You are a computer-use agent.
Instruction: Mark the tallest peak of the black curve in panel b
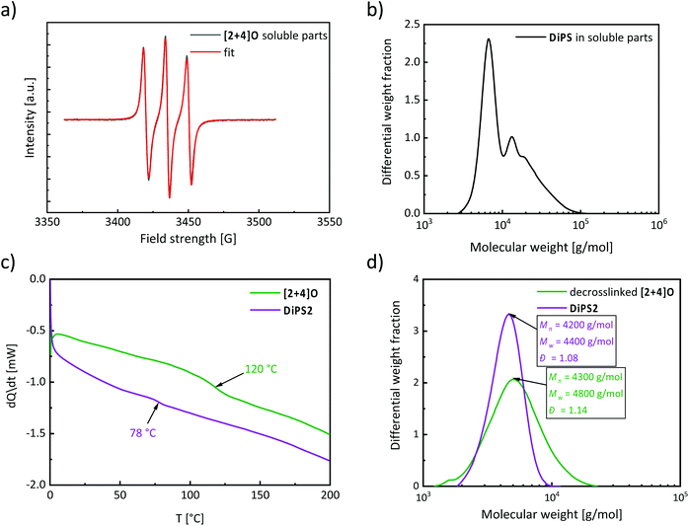tap(488, 39)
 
